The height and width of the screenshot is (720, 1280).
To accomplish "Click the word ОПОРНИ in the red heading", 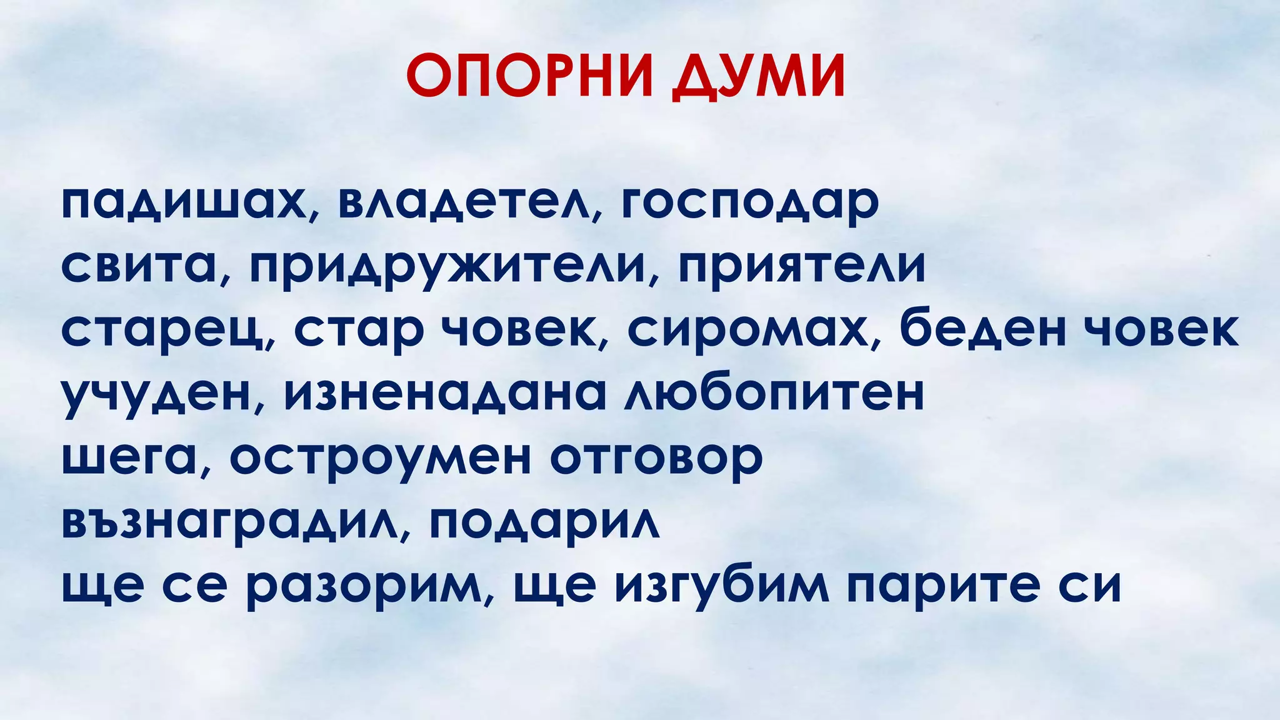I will (x=529, y=76).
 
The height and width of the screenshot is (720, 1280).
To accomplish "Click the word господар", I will (x=750, y=204).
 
